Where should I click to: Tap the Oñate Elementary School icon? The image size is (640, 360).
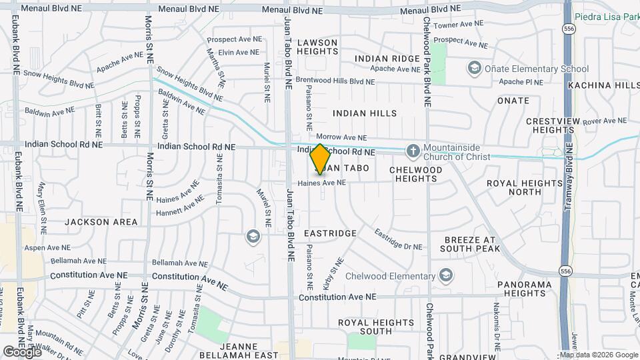pyautogui.click(x=474, y=68)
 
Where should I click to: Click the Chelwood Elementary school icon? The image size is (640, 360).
pyautogui.click(x=446, y=276)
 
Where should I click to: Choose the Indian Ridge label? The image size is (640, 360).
pyautogui.click(x=387, y=59)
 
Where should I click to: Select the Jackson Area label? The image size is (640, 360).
pyautogui.click(x=101, y=222)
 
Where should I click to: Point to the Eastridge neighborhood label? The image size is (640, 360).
pyautogui.click(x=330, y=234)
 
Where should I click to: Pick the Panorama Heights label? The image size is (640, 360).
pyautogui.click(x=525, y=289)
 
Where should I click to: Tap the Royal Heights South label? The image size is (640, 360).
pyautogui.click(x=366, y=327)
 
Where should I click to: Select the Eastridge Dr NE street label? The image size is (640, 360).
pyautogui.click(x=399, y=239)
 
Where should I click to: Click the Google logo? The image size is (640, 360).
pyautogui.click(x=21, y=352)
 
